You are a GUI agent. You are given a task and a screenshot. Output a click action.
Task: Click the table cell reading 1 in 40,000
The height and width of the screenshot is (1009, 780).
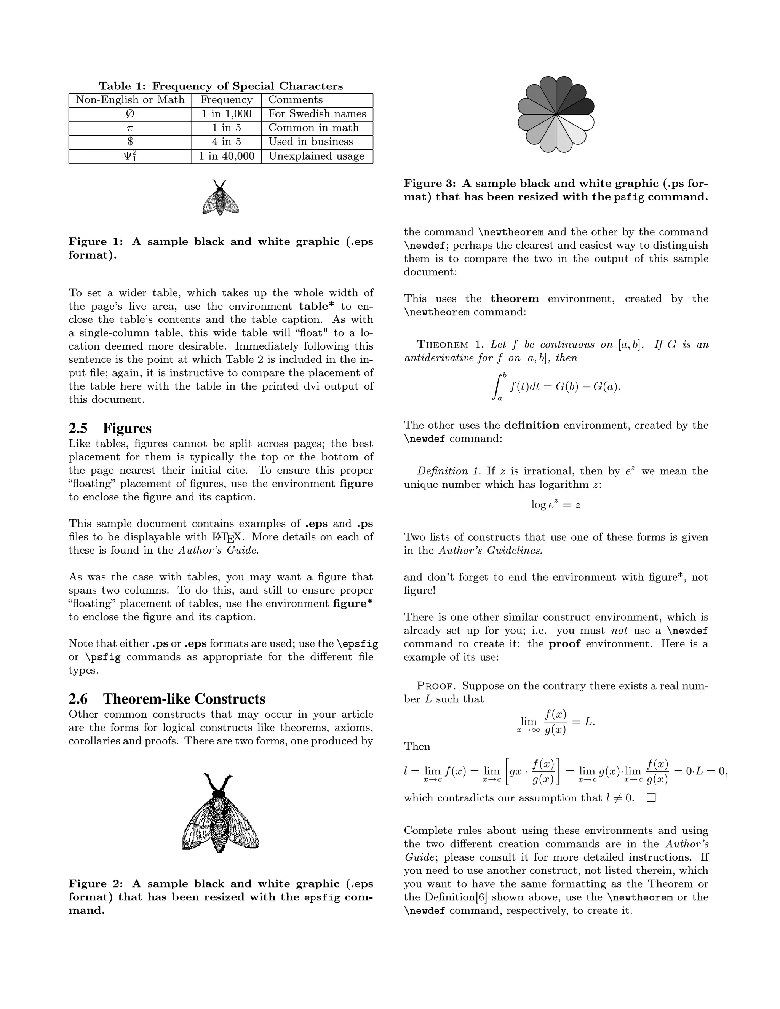coord(227,156)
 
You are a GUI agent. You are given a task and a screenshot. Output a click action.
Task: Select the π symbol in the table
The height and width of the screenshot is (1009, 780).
coord(130,128)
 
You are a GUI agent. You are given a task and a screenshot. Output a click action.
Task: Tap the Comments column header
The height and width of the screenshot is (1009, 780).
coord(295,100)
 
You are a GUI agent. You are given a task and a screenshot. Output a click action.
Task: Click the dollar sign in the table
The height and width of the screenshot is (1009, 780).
coord(130,142)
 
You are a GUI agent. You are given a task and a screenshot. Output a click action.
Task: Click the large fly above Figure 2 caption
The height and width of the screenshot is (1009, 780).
coord(221,816)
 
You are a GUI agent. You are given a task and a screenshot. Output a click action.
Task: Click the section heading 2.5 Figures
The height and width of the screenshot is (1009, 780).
coord(110,428)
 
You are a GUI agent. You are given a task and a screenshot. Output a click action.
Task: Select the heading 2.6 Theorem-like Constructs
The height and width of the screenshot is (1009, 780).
coord(167,699)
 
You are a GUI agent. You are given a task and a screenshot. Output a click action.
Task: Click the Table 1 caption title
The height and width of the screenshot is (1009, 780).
coord(221,86)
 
